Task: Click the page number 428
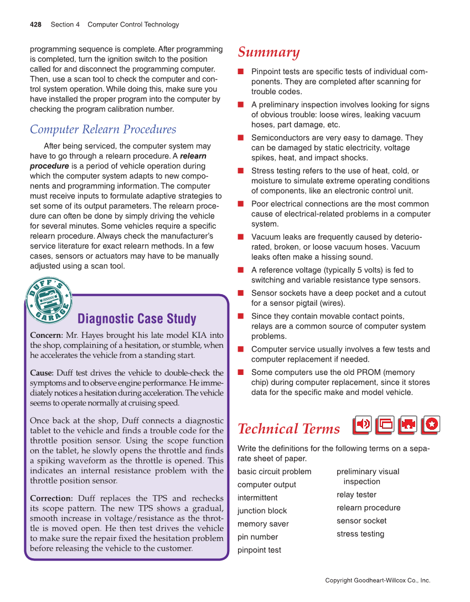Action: coord(35,24)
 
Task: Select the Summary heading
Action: coord(268,52)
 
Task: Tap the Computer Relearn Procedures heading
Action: coord(103,130)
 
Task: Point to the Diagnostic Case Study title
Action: coord(137,319)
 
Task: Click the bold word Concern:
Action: coord(47,336)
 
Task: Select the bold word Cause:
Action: coord(42,373)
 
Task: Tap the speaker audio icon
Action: coord(363,424)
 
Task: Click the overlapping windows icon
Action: coord(385,424)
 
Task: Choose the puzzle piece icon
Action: coord(408,424)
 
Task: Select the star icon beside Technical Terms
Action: coord(431,424)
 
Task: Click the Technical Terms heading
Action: coord(288,429)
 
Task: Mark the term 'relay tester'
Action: coord(356,495)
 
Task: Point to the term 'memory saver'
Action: coord(263,524)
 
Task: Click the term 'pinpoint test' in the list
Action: coord(259,550)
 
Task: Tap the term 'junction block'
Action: coord(262,511)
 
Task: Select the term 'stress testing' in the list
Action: coord(360,534)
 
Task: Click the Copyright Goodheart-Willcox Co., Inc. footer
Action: coord(378,580)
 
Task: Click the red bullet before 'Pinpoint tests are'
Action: coord(241,72)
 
